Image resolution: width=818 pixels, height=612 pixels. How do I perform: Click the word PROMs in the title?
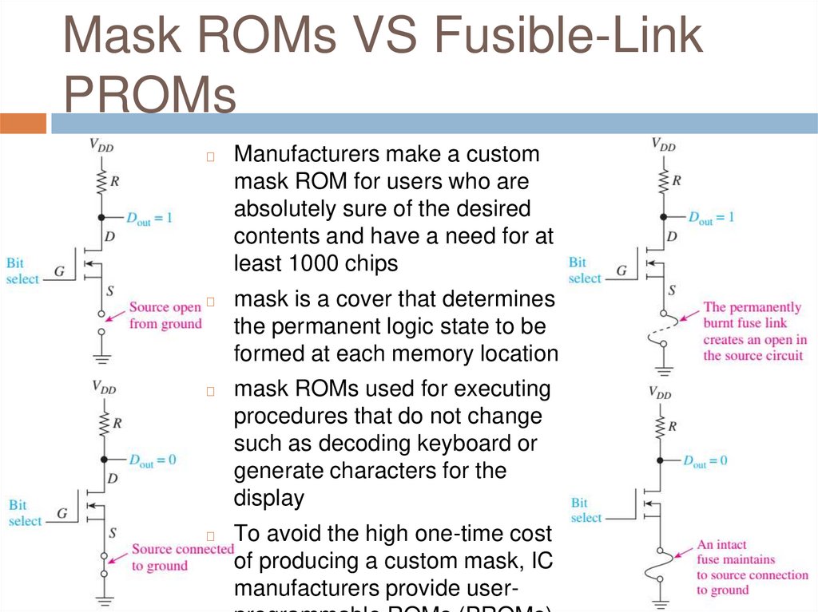(150, 96)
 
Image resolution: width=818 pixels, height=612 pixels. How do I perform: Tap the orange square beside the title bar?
(23, 124)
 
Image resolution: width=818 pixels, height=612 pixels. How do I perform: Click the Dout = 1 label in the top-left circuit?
(150, 217)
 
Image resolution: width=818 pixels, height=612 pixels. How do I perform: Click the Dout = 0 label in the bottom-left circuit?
(153, 460)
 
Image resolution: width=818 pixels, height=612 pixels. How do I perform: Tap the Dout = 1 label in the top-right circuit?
(710, 217)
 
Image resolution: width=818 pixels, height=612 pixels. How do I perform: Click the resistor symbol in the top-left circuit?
(101, 181)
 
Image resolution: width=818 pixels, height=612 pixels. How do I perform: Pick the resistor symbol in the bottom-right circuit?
(660, 425)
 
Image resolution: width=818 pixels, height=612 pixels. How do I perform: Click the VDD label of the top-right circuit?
(663, 145)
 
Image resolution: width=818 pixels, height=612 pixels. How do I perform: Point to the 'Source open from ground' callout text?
(165, 315)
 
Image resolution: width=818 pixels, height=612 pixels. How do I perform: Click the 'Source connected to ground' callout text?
(181, 557)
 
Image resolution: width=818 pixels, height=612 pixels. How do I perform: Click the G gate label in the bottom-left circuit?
(62, 513)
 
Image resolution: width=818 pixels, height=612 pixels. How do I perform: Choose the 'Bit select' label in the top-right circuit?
(584, 270)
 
